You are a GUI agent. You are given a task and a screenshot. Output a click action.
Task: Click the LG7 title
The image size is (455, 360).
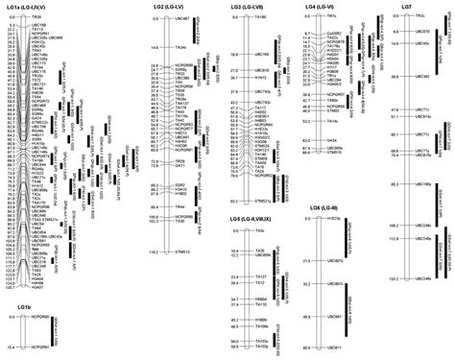(407, 7)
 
